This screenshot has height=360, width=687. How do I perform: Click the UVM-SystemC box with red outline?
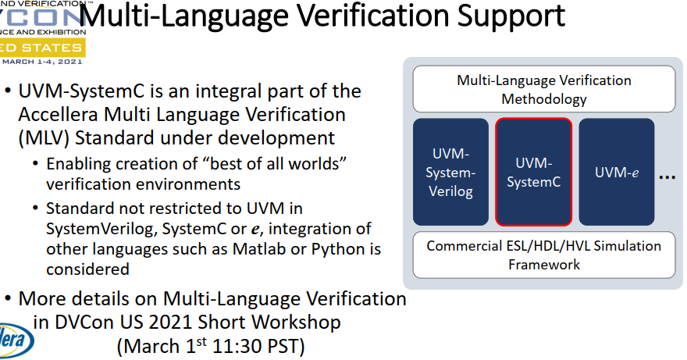533,173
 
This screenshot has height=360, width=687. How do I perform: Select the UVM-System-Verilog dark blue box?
452,173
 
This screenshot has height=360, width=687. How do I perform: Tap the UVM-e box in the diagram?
616,173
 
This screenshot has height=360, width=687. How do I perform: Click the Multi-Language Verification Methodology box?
543,90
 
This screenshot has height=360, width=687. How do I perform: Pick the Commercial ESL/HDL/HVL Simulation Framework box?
543,255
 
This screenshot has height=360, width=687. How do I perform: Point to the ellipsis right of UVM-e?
667,178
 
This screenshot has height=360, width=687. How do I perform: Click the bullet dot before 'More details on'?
9,299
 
